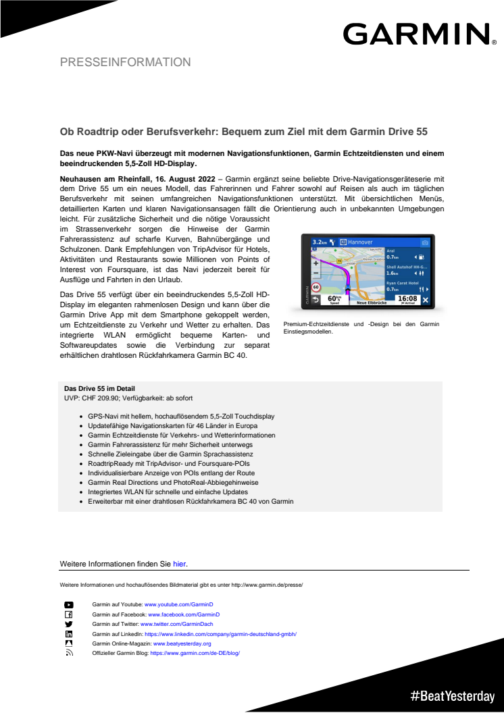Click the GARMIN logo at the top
pyautogui.click(x=416, y=33)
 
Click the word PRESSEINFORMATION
pyautogui.click(x=125, y=62)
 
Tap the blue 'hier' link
pyautogui.click(x=179, y=563)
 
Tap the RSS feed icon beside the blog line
pyautogui.click(x=69, y=654)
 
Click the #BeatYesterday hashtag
pyautogui.click(x=452, y=695)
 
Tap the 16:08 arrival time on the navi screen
pyautogui.click(x=407, y=297)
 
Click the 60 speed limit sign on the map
pyautogui.click(x=316, y=288)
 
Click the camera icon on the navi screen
pyautogui.click(x=424, y=241)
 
